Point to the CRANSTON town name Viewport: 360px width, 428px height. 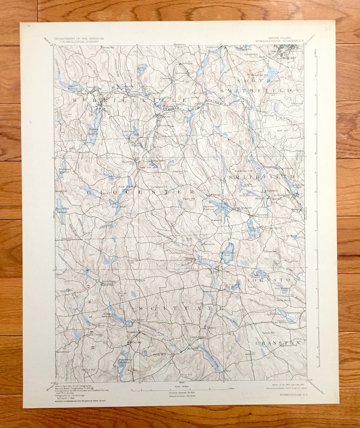coord(278,343)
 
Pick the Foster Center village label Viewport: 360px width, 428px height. coord(94,335)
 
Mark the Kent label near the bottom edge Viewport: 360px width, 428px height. coord(228,371)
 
